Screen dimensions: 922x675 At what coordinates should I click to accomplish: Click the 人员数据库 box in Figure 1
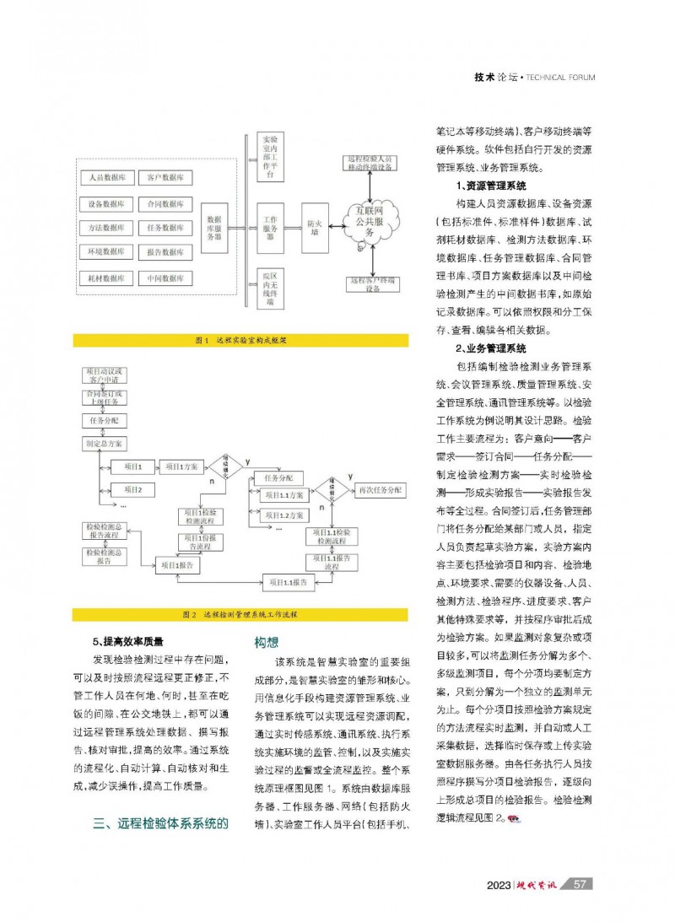(x=107, y=179)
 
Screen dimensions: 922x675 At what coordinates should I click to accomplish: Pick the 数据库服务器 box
(x=214, y=228)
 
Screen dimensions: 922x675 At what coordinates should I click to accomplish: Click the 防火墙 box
(x=314, y=229)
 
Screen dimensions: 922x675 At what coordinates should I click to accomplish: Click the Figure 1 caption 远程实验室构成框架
(x=241, y=341)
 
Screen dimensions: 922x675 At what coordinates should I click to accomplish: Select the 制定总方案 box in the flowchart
(x=105, y=443)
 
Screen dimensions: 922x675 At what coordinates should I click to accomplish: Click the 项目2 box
(x=133, y=489)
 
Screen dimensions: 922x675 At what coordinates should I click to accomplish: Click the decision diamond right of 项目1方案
(x=225, y=466)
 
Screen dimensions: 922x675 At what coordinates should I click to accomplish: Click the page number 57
(x=580, y=884)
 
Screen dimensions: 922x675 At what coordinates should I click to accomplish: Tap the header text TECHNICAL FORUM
(x=560, y=78)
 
